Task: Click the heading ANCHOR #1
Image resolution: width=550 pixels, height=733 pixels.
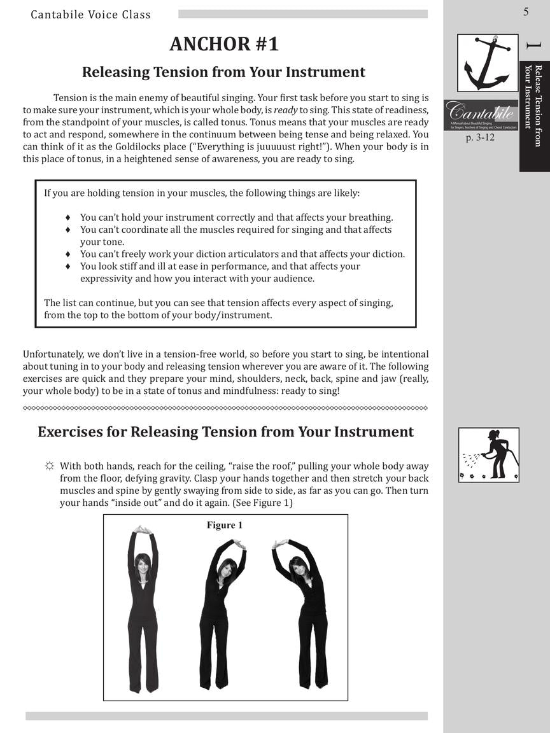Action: (224, 44)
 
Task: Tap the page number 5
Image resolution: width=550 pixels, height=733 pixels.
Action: (526, 11)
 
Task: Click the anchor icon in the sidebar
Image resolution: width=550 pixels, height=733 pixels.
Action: (487, 63)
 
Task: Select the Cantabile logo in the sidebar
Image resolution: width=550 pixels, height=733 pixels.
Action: (481, 115)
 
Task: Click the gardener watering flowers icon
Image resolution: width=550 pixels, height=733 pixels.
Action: (488, 454)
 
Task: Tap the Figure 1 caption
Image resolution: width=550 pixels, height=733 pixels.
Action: (225, 525)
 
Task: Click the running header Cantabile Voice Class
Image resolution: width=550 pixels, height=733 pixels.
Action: (91, 14)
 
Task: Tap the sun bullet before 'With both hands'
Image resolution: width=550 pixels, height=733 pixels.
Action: (49, 466)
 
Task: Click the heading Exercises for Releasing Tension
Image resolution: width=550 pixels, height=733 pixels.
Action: (225, 432)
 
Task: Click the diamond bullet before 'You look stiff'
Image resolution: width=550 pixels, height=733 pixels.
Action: (68, 266)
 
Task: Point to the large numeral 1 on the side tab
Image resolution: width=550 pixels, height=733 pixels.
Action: (533, 46)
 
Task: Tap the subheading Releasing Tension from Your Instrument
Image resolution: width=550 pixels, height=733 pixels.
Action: (223, 72)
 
